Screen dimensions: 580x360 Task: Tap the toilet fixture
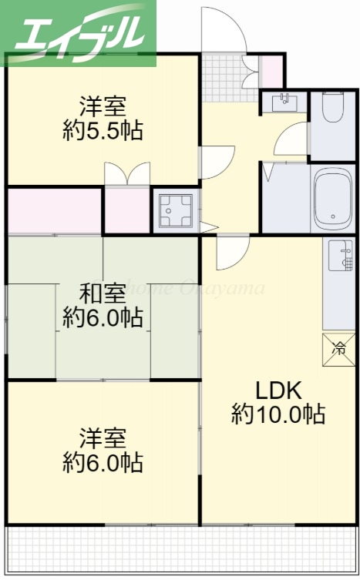tap(332, 109)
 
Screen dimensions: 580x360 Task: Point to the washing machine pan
tap(175, 210)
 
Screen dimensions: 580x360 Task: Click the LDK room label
tap(278, 389)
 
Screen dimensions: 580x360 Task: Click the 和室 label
tap(103, 293)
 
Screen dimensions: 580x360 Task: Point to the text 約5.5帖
tap(103, 129)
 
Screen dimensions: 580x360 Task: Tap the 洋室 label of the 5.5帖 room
tap(103, 105)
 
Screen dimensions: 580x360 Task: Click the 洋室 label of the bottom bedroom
tap(103, 438)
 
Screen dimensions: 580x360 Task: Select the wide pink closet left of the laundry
tap(54, 210)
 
